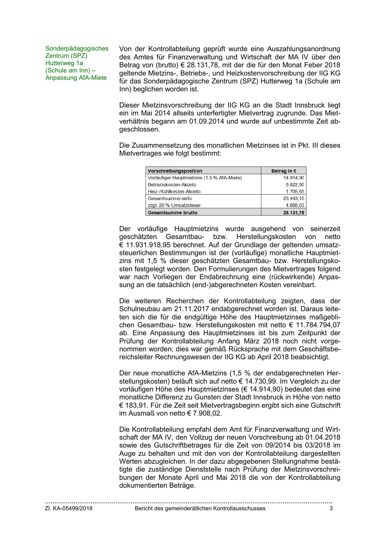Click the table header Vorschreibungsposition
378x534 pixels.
click(x=175, y=171)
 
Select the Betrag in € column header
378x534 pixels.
click(x=284, y=171)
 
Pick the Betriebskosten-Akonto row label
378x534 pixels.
click(x=172, y=185)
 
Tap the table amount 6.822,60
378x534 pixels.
click(x=295, y=185)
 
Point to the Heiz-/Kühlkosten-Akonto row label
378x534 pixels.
click(x=174, y=192)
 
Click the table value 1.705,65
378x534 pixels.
click(x=295, y=192)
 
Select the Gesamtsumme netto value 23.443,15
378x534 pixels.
click(x=294, y=198)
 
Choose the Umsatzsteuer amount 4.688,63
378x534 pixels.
click(x=295, y=206)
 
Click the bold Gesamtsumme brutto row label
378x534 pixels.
click(x=172, y=213)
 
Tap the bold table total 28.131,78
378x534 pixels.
click(x=294, y=213)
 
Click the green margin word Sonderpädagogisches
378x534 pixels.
click(x=77, y=48)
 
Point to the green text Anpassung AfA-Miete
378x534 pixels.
click(x=76, y=78)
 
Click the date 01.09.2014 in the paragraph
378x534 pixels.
click(x=207, y=121)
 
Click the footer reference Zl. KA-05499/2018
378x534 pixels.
click(x=69, y=508)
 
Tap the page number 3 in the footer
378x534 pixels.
click(x=331, y=508)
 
